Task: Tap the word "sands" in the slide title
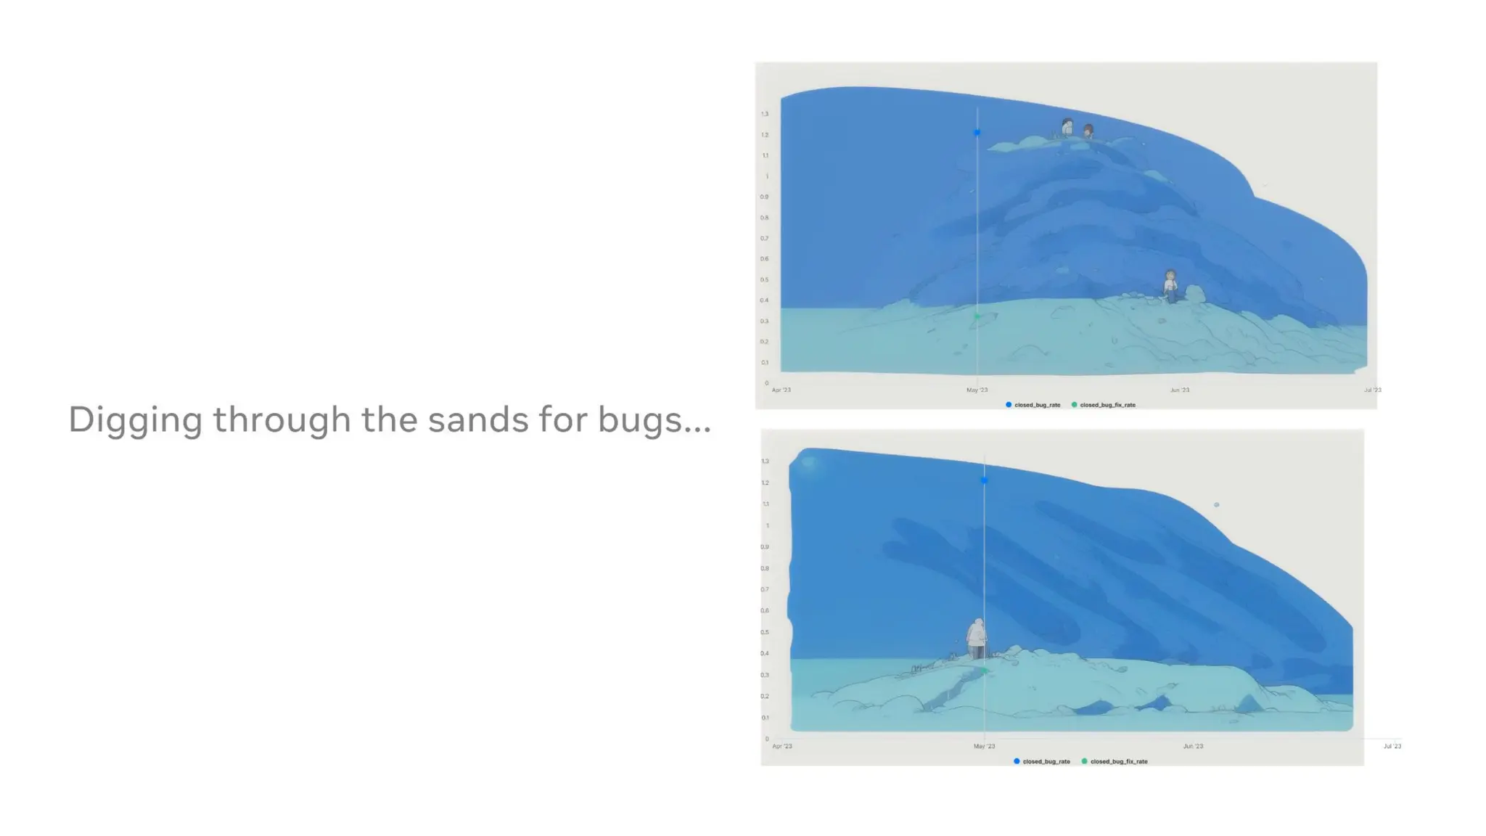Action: [477, 419]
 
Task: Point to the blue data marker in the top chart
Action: [977, 133]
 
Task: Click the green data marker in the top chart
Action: [977, 316]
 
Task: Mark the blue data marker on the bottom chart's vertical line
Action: [984, 480]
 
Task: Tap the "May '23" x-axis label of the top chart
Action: [977, 390]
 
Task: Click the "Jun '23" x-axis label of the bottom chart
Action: [1193, 746]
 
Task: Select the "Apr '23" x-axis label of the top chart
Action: [781, 390]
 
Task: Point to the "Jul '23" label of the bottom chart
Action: [1392, 746]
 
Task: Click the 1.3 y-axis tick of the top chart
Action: [765, 114]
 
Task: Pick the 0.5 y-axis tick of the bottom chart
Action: [765, 632]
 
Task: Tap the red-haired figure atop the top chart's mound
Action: [1088, 131]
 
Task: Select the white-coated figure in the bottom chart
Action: [977, 639]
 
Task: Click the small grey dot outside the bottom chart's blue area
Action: [1217, 505]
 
